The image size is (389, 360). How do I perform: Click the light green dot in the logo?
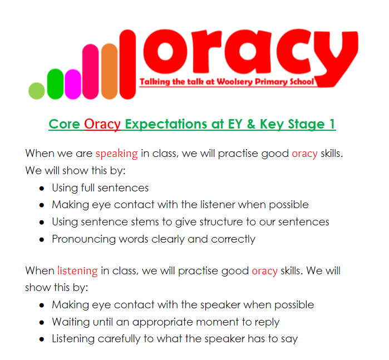pos(37,91)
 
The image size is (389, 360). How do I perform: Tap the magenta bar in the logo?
pos(73,85)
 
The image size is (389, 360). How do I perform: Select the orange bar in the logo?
pos(110,71)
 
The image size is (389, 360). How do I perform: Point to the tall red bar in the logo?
pos(128,65)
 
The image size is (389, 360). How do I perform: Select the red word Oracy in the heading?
pos(102,124)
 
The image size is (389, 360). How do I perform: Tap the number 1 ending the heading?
pos(332,124)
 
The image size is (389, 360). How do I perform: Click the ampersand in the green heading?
pos(251,124)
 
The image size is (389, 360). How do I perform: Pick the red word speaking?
pos(117,154)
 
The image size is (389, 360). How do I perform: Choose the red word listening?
pos(78,270)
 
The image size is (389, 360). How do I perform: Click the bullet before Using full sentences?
pos(42,189)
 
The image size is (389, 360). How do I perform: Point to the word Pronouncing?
pos(84,239)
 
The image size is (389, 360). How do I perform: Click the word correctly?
pos(233,239)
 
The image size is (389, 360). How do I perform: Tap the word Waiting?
pos(71,322)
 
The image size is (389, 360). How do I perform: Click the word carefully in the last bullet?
pos(119,339)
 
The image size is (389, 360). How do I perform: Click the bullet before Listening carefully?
pos(42,339)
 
